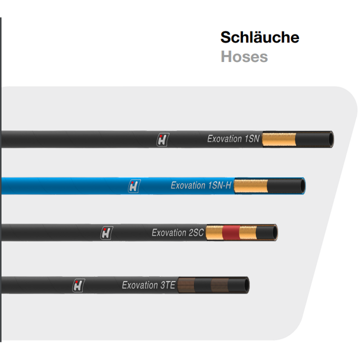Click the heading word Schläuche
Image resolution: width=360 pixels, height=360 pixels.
point(259,37)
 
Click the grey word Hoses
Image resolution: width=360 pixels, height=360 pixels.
point(244,56)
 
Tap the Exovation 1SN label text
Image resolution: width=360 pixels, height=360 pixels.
point(233,139)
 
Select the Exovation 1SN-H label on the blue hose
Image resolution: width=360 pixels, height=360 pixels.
point(201,185)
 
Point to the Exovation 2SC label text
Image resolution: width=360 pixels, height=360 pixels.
point(177,232)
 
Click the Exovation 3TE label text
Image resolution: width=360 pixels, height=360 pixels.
point(148,285)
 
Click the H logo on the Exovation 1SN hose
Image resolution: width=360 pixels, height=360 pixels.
point(162,139)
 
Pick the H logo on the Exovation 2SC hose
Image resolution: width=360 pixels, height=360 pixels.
point(106,232)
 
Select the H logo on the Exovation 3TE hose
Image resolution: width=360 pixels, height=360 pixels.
point(78,285)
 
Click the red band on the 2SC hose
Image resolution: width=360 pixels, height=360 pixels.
point(230,232)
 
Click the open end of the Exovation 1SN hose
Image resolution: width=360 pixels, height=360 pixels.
point(328,138)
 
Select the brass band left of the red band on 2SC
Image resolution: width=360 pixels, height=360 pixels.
point(214,232)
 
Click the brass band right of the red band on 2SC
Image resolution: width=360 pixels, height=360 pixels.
point(245,232)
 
